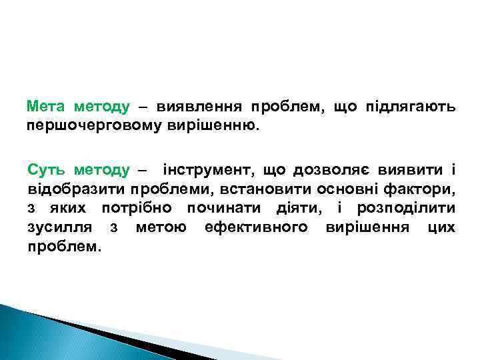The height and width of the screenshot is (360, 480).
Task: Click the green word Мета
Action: coord(47,106)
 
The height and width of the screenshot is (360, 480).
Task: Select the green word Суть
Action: coord(47,171)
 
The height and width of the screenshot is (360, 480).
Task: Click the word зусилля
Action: coord(56,228)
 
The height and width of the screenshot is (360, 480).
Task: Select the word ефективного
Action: coord(256,228)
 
